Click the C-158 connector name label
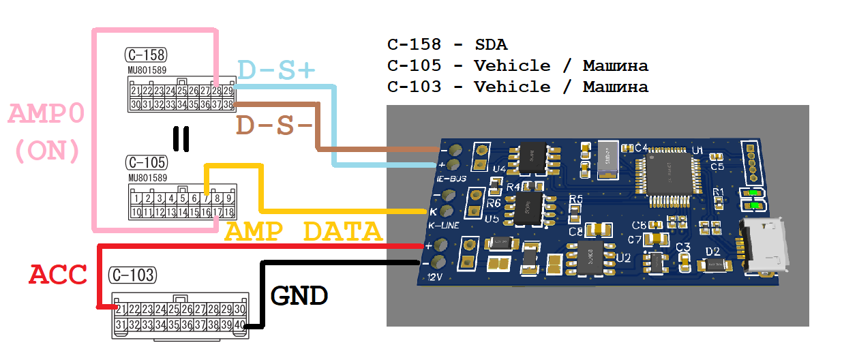click(x=146, y=55)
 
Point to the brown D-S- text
click(x=274, y=125)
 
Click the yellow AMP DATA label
click(x=303, y=232)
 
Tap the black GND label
click(x=299, y=295)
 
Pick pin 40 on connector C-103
click(x=239, y=325)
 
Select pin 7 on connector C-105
click(x=207, y=199)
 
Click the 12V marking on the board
click(x=436, y=276)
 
